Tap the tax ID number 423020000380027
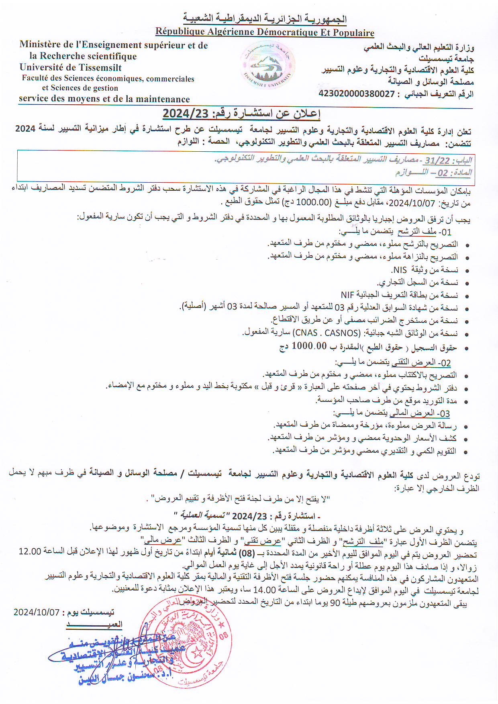[x=357, y=94]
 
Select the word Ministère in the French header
[x=39, y=45]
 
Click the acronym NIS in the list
[x=400, y=270]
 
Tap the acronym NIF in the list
[x=347, y=295]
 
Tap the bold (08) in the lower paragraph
[x=247, y=554]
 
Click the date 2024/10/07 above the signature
[x=37, y=612]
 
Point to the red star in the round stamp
[x=197, y=652]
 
